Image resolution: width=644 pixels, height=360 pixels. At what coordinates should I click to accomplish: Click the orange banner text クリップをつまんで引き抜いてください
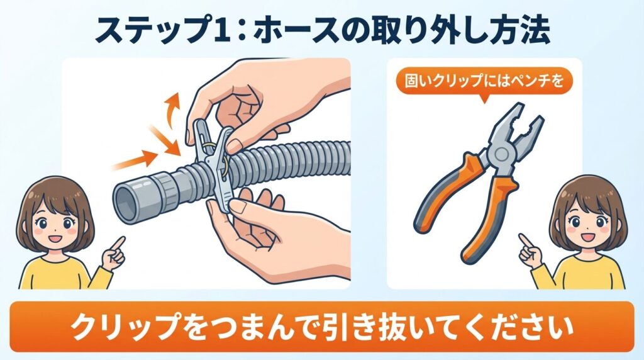pos(321,327)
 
